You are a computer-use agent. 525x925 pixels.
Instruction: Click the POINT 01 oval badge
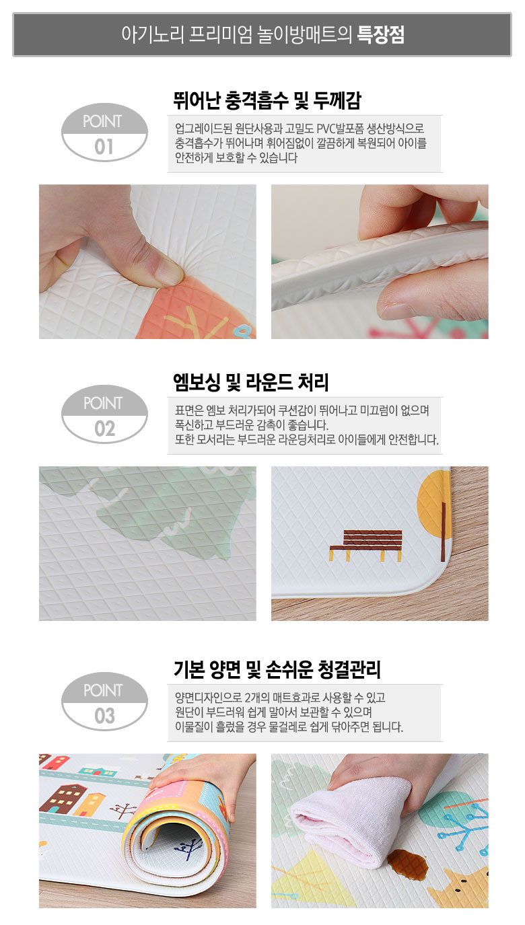(x=104, y=132)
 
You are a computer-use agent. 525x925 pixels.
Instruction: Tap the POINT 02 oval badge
(x=104, y=414)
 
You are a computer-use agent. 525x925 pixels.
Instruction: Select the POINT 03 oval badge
(x=104, y=702)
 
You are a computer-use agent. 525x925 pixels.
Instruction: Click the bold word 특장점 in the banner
(x=380, y=35)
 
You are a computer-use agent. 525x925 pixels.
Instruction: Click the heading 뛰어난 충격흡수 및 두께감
(x=267, y=101)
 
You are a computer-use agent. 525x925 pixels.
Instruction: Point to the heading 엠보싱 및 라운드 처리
(x=251, y=382)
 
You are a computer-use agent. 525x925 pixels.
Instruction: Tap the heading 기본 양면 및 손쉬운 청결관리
(x=277, y=670)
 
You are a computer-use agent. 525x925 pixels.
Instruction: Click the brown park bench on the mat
(x=366, y=545)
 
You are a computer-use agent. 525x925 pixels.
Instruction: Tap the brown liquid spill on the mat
(x=407, y=864)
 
